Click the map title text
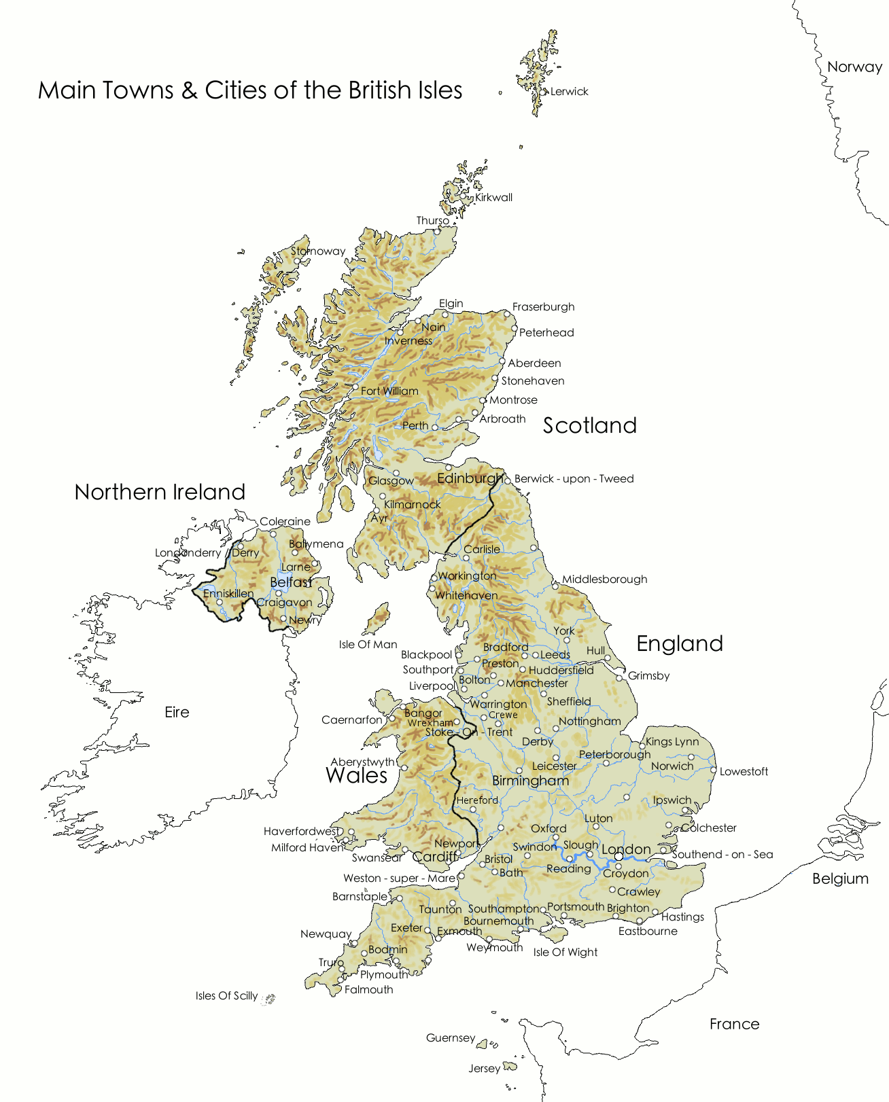[250, 90]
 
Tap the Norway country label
[854, 67]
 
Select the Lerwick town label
[569, 92]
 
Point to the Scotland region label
[589, 425]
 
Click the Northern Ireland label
[160, 492]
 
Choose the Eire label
[177, 712]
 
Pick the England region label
[679, 643]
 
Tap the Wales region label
[356, 775]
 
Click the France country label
[734, 1024]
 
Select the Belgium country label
[840, 878]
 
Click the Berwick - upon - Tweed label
[574, 479]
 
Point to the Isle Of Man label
[368, 645]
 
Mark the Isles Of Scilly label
[226, 996]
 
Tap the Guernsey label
[450, 1038]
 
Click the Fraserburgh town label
[543, 307]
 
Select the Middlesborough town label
[604, 580]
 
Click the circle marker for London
[618, 857]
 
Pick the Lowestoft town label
[744, 772]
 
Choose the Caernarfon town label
[351, 720]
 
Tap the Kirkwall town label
[493, 198]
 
